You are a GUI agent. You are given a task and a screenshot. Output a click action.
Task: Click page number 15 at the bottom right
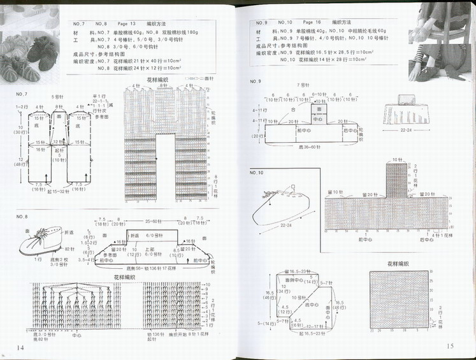click(x=449, y=346)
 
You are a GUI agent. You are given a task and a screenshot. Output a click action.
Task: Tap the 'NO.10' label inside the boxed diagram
click(x=256, y=173)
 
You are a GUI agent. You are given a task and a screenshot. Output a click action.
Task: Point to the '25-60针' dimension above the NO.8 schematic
click(x=154, y=221)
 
